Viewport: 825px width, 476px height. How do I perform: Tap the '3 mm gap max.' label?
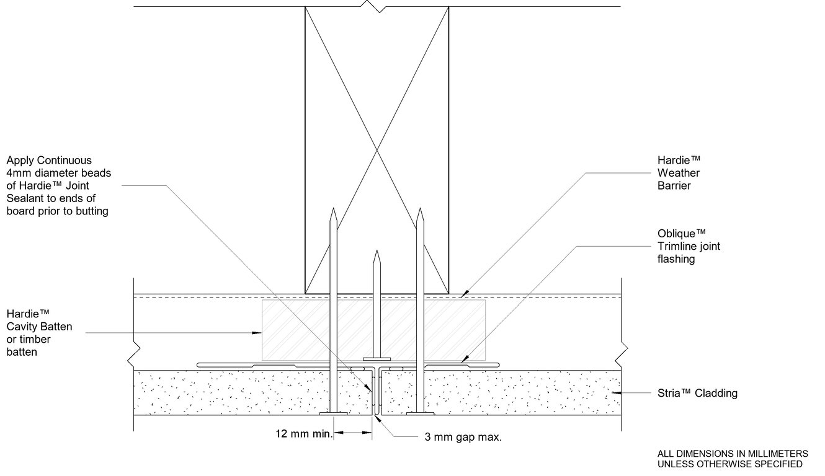click(463, 437)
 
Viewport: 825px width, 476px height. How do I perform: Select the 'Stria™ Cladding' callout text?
click(697, 393)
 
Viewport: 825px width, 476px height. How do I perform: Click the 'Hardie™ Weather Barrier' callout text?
click(679, 173)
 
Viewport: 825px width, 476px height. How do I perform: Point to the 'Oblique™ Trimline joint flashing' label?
click(689, 246)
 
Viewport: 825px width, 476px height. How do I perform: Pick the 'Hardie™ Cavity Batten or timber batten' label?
click(39, 333)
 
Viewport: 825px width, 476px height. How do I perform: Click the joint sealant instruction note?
click(58, 186)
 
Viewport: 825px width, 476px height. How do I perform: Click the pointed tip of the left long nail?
click(333, 209)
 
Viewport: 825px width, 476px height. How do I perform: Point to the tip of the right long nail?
click(420, 209)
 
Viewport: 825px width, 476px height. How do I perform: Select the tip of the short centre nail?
click(377, 252)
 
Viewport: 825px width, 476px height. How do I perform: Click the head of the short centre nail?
click(377, 358)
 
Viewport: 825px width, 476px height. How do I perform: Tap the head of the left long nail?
click(333, 412)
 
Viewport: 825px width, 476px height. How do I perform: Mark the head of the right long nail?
click(420, 412)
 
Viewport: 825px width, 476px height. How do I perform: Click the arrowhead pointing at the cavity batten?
click(256, 333)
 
